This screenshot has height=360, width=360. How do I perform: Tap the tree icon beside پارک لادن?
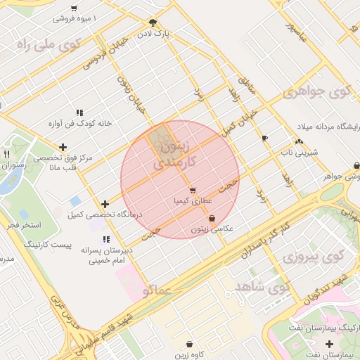[154, 23]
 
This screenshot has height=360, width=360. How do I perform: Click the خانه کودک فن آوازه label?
[79, 123]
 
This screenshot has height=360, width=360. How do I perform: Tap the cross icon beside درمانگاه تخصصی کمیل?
[105, 204]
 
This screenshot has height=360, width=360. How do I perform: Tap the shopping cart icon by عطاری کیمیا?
[192, 190]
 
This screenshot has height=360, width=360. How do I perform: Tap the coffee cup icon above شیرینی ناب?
[264, 139]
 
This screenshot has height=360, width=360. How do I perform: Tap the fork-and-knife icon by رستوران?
[6, 154]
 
